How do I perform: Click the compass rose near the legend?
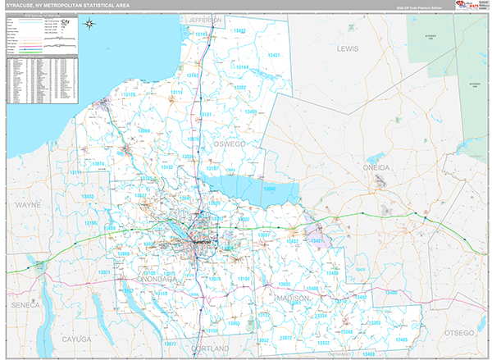tap(89, 24)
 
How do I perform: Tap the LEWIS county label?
tap(348, 49)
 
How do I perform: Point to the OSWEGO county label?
tap(230, 144)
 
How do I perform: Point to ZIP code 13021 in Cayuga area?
tap(103, 271)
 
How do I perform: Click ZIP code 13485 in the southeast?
tap(400, 339)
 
